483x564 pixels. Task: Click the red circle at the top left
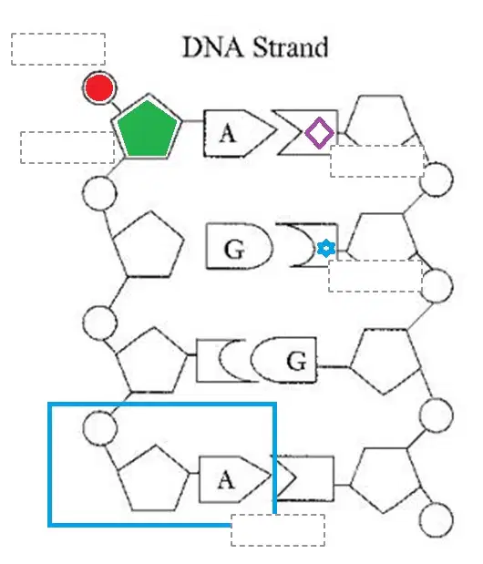(x=99, y=87)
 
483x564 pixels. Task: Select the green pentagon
(x=148, y=129)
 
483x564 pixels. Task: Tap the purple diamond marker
(x=319, y=133)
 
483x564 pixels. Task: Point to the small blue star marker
(x=326, y=248)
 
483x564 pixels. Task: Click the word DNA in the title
(x=213, y=47)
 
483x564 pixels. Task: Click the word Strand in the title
(x=291, y=47)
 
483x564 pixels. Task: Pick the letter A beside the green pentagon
(x=228, y=133)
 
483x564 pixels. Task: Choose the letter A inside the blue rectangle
(x=226, y=480)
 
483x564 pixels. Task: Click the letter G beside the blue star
(x=234, y=249)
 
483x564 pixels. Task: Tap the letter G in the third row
(x=297, y=361)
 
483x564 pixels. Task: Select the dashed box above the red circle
(x=58, y=49)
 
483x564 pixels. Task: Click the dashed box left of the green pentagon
(x=67, y=148)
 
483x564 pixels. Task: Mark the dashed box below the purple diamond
(x=377, y=161)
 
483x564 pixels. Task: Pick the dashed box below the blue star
(x=375, y=276)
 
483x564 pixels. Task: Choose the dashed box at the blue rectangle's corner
(x=278, y=530)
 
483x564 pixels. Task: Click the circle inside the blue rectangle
(x=100, y=428)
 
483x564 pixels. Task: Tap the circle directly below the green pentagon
(x=99, y=193)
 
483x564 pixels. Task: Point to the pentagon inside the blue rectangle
(x=153, y=478)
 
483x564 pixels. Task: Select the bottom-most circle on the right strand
(x=437, y=519)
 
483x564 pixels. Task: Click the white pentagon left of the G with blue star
(x=149, y=244)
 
